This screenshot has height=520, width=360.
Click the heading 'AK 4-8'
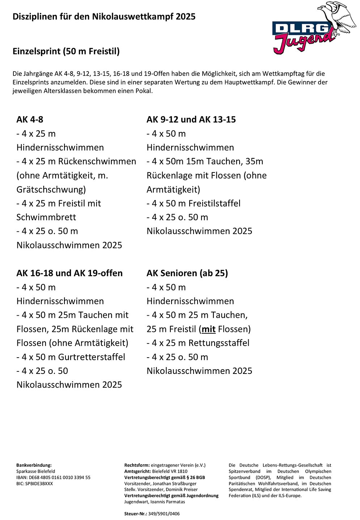pyautogui.click(x=30, y=119)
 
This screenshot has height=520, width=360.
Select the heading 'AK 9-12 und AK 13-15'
pyautogui.click(x=191, y=119)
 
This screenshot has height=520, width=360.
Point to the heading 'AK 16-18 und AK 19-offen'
pyautogui.click(x=69, y=273)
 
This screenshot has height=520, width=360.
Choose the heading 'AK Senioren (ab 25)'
pyautogui.click(x=187, y=273)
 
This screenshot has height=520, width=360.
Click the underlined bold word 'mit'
pyautogui.click(x=208, y=329)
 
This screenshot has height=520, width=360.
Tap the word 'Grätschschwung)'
pyautogui.click(x=51, y=189)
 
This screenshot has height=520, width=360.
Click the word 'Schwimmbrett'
pyautogui.click(x=46, y=217)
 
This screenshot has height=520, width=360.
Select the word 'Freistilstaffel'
pyautogui.click(x=214, y=203)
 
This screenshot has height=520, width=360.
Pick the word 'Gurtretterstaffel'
pyautogui.click(x=92, y=357)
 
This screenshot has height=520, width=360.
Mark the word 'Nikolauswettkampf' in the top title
pyautogui.click(x=133, y=16)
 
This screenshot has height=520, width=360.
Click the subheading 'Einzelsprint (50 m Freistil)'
pyautogui.click(x=66, y=51)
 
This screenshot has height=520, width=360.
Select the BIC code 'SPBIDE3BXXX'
pyautogui.click(x=39, y=483)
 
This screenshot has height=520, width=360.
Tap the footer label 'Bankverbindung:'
pyautogui.click(x=34, y=465)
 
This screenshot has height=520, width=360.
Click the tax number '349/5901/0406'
pyautogui.click(x=164, y=513)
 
